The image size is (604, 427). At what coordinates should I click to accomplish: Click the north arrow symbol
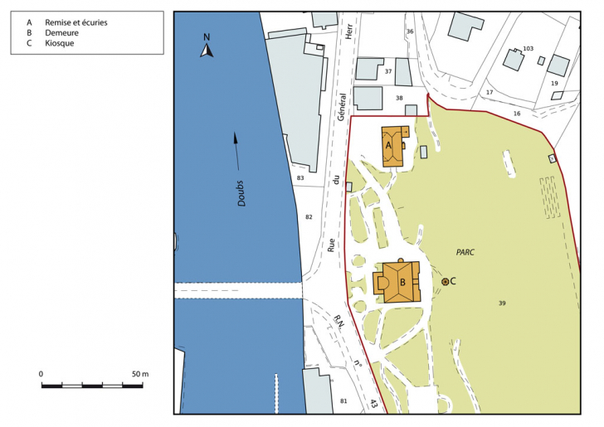pos(207,49)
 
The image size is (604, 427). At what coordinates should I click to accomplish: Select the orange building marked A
pos(394,146)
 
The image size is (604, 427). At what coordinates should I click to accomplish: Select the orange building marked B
pos(401,282)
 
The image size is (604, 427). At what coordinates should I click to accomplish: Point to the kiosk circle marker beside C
pos(446,282)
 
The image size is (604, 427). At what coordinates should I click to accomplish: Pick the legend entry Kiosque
pos(60,42)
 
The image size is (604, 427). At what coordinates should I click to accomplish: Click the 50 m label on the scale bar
pos(140,375)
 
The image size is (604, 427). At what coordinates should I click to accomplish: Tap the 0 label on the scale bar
pos(41,375)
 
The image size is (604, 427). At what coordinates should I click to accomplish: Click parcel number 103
pos(528,49)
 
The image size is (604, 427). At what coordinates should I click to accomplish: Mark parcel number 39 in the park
pos(502,303)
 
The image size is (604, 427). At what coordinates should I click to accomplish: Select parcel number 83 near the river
pos(300,178)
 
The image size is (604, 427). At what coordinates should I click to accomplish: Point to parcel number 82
pos(309,216)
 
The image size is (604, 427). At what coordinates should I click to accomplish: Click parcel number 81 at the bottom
pos(344,401)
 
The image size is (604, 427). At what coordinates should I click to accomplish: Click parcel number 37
pos(387,71)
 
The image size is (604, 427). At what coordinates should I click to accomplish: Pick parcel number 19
pos(554,84)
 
